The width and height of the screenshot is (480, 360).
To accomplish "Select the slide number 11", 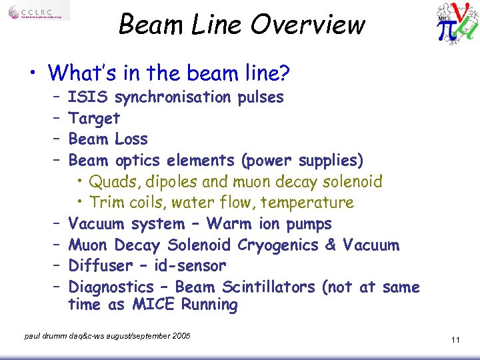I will pyautogui.click(x=455, y=340).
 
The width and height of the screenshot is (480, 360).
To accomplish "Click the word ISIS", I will pyautogui.click(x=89, y=97).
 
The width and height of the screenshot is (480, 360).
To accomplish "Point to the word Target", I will pyautogui.click(x=94, y=119).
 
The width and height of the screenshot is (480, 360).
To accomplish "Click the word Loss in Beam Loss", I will pyautogui.click(x=131, y=139).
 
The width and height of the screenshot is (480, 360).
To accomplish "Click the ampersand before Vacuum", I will pyautogui.click(x=331, y=245).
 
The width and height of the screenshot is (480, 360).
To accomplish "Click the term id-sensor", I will pyautogui.click(x=189, y=266).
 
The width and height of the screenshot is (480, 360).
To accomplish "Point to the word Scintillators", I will pyautogui.click(x=269, y=287).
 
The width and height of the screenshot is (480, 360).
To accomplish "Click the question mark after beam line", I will pyautogui.click(x=303, y=72).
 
